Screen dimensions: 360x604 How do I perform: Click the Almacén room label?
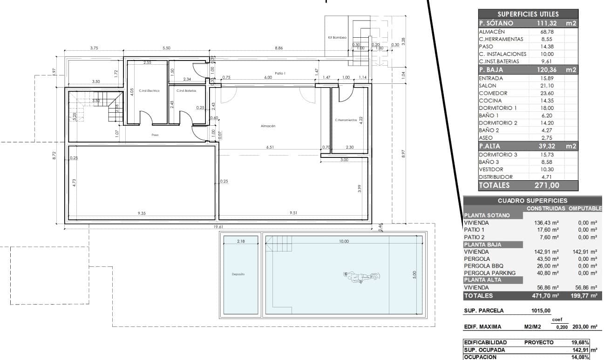pyautogui.click(x=268, y=126)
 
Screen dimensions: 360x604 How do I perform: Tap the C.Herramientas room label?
pyautogui.click(x=346, y=120)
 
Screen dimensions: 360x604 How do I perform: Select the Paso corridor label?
pyautogui.click(x=155, y=135)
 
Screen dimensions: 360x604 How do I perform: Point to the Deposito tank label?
pyautogui.click(x=238, y=274)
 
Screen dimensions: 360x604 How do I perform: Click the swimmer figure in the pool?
pyautogui.click(x=361, y=277)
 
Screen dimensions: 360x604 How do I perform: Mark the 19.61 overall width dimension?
pyautogui.click(x=218, y=227)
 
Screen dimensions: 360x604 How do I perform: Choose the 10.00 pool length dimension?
pyautogui.click(x=344, y=241)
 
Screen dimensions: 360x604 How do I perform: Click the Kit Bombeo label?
pyautogui.click(x=337, y=37)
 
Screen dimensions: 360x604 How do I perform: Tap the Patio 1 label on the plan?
pyautogui.click(x=279, y=73)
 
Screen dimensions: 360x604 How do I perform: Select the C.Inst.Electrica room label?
pyautogui.click(x=149, y=91)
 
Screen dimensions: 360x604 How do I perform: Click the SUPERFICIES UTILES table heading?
pyautogui.click(x=528, y=14)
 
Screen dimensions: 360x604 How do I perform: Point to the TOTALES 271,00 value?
pyautogui.click(x=551, y=185)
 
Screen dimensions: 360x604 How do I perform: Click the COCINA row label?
pyautogui.click(x=490, y=101)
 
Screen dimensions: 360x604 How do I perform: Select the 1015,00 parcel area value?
pyautogui.click(x=541, y=311)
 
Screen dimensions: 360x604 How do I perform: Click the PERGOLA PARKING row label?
pyautogui.click(x=490, y=273)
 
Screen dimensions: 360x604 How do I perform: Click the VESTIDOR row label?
pyautogui.click(x=492, y=170)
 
